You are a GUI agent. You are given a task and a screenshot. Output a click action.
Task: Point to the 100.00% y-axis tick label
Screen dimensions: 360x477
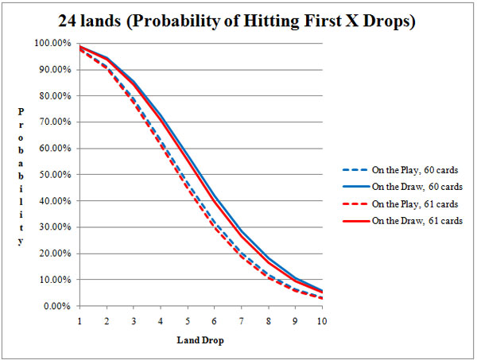click(54, 43)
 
